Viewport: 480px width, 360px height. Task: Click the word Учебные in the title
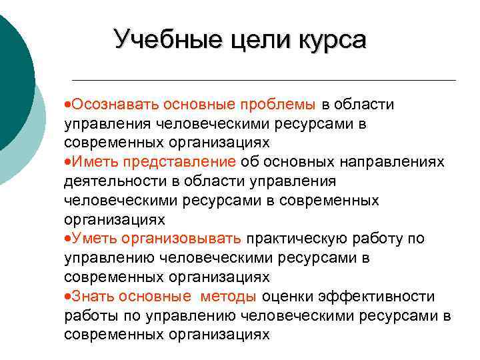pyautogui.click(x=157, y=39)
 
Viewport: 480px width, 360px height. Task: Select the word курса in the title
pyautogui.click(x=327, y=39)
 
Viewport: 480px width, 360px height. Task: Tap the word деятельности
pyautogui.click(x=110, y=181)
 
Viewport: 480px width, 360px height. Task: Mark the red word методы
pyautogui.click(x=227, y=296)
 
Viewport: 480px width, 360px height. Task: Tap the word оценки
pyautogui.click(x=287, y=296)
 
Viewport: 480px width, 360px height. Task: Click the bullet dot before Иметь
pyautogui.click(x=68, y=162)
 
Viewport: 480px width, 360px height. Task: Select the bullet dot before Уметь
pyautogui.click(x=68, y=239)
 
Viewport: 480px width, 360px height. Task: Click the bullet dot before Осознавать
pyautogui.click(x=68, y=105)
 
